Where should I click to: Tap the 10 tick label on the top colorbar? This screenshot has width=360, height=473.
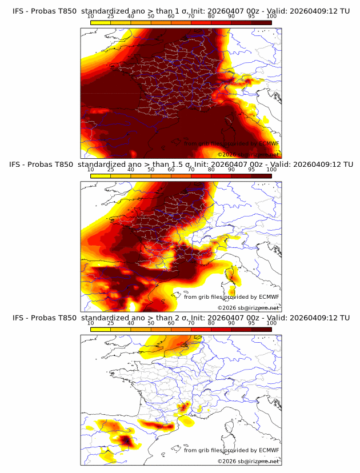(x=91, y=17)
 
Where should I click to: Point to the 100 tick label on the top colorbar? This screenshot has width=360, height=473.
(x=271, y=17)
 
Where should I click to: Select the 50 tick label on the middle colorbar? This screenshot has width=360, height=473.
(x=151, y=170)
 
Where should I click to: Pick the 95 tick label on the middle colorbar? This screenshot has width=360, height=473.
(x=251, y=170)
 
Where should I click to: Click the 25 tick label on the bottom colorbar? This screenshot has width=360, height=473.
(x=111, y=323)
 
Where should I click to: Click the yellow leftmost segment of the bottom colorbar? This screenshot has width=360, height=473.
(x=101, y=329)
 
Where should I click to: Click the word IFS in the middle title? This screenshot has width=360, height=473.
(x=16, y=164)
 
